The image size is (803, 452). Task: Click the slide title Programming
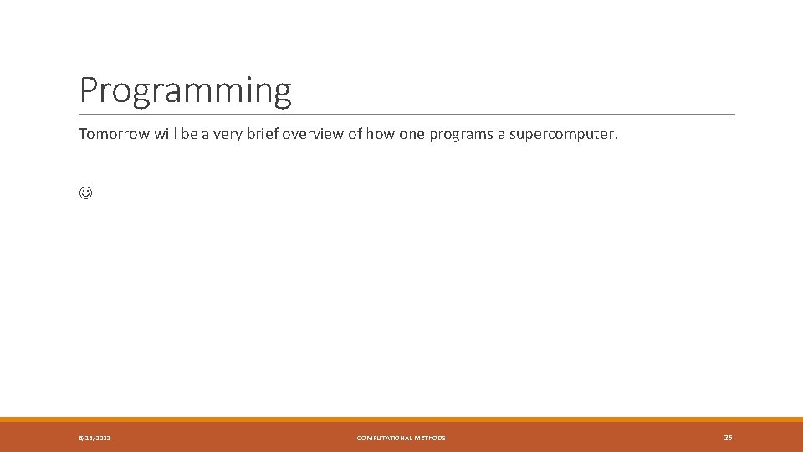pyautogui.click(x=185, y=90)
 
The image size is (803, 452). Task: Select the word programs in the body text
pyautogui.click(x=461, y=134)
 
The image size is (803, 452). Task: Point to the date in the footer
pyautogui.click(x=95, y=438)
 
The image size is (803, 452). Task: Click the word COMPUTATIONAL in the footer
pyautogui.click(x=385, y=438)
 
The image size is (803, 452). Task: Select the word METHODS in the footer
pyautogui.click(x=431, y=438)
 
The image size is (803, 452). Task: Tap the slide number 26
pyautogui.click(x=728, y=437)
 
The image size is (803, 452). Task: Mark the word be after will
pyautogui.click(x=192, y=134)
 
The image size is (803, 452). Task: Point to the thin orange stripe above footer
pyautogui.click(x=401, y=419)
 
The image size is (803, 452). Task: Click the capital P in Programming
pyautogui.click(x=88, y=90)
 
